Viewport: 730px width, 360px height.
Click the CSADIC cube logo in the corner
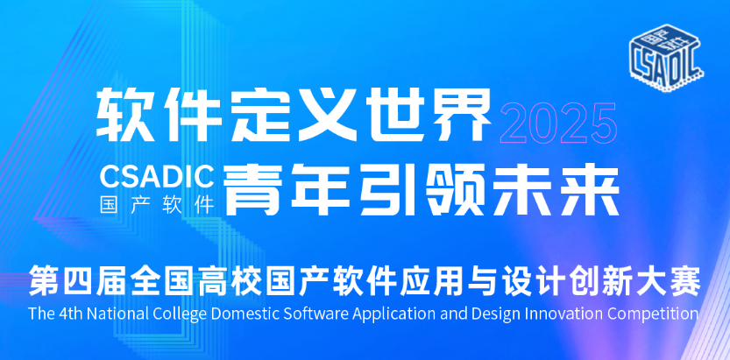[666, 57]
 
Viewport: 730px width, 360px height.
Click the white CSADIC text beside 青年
[157, 177]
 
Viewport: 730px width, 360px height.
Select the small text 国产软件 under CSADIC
[157, 204]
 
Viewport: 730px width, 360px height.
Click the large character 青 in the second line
[252, 190]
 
